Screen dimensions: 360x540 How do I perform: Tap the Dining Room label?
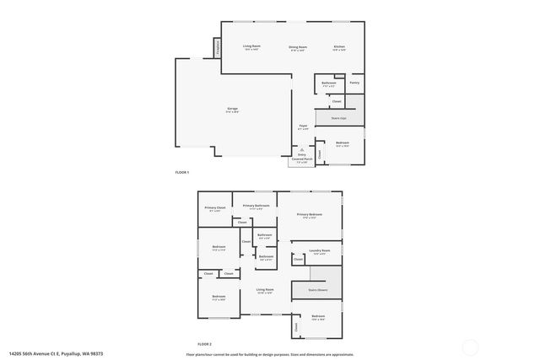click(x=298, y=47)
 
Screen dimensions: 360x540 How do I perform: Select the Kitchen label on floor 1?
click(x=339, y=47)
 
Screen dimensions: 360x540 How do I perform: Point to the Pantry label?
click(x=355, y=83)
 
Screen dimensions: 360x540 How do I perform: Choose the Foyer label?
click(x=302, y=126)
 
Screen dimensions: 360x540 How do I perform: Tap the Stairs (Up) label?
click(x=338, y=119)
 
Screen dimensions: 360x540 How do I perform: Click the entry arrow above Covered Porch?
click(x=301, y=148)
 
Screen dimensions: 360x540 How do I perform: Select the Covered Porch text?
click(x=301, y=159)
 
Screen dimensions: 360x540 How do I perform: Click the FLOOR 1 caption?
click(x=182, y=172)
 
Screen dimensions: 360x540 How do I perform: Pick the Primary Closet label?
click(x=215, y=207)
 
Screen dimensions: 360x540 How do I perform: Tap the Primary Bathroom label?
click(x=256, y=206)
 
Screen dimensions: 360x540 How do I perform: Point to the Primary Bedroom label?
click(x=310, y=215)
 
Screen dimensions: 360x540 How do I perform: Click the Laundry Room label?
click(x=319, y=250)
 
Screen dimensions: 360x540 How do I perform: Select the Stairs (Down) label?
click(x=316, y=289)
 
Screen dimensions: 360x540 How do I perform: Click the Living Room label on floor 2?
click(x=265, y=289)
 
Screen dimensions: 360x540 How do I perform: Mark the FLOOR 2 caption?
click(x=204, y=344)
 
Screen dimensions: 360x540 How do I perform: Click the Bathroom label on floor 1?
click(x=329, y=83)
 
